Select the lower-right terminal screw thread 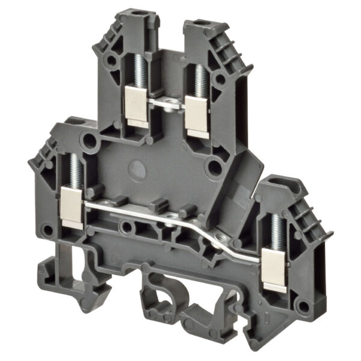point(276,230)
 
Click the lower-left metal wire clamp point(72,207)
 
